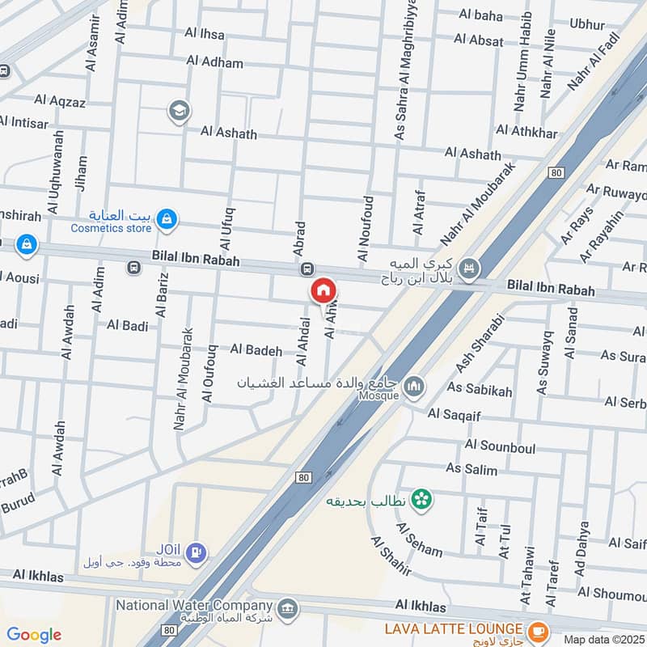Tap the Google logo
click(x=34, y=635)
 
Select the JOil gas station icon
click(x=195, y=554)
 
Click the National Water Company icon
click(x=286, y=607)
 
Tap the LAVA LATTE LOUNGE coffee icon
click(x=535, y=629)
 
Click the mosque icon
click(x=415, y=387)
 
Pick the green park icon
click(x=420, y=500)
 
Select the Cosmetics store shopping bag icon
click(x=167, y=218)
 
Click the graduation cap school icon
click(x=179, y=111)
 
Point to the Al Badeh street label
click(x=256, y=350)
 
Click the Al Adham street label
click(x=214, y=61)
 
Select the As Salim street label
click(x=472, y=469)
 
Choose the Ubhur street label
click(x=586, y=24)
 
